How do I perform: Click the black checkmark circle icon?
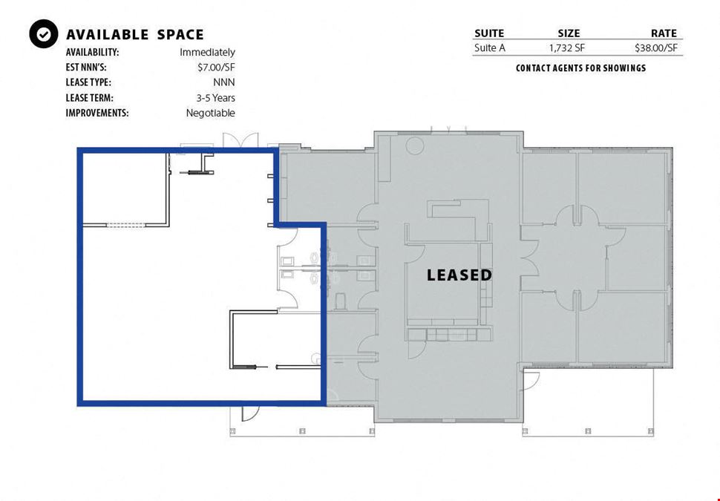44,34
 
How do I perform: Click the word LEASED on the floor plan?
459,275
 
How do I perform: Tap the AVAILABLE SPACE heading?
135,35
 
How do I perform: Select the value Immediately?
207,53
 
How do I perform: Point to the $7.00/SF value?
216,68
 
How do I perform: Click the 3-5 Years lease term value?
215,98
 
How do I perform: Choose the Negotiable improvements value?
210,113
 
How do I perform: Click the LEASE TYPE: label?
88,82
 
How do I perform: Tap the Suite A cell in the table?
489,48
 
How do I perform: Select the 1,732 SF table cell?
567,48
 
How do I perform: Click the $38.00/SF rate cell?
655,48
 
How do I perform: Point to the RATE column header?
664,33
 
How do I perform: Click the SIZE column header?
569,33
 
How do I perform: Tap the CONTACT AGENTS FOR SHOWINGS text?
580,68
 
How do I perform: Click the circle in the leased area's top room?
414,145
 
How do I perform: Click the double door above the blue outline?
240,140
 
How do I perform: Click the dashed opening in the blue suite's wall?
126,225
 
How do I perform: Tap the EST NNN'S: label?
86,68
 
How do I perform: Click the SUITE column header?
489,33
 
